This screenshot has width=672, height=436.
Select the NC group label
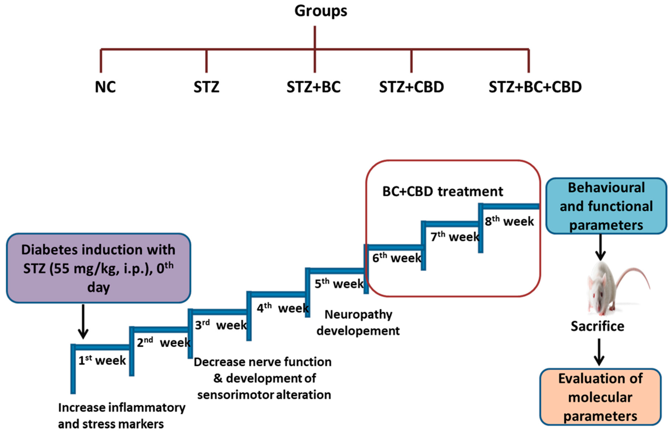point(105,87)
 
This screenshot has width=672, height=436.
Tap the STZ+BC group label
point(313,87)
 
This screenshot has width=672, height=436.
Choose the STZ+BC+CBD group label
point(535,87)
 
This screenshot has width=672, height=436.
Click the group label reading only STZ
point(206,87)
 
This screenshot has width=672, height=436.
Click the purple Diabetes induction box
point(98,268)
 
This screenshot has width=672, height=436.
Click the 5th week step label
point(339,284)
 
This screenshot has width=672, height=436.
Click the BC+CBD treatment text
point(443,191)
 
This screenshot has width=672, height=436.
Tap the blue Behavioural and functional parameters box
point(606,206)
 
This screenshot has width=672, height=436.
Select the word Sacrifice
point(597,326)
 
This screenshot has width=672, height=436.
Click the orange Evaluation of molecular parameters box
point(600,397)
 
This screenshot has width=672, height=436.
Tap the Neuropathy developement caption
point(358,323)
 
